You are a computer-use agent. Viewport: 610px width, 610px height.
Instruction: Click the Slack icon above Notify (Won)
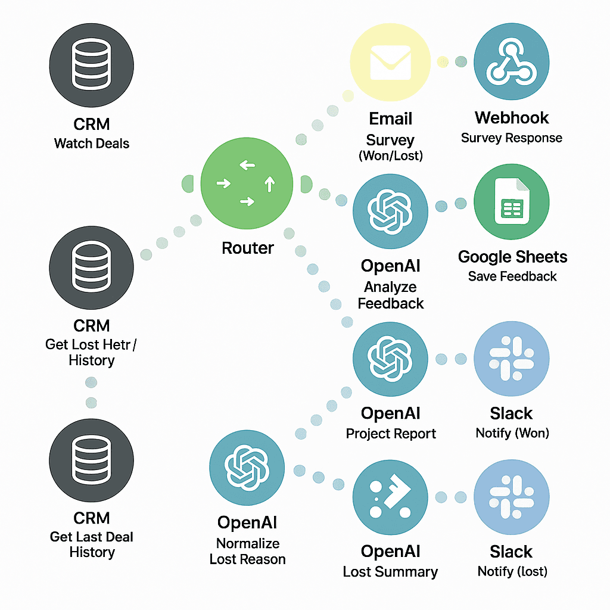(x=511, y=359)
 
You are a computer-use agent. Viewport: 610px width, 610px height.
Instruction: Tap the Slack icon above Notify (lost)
(x=511, y=497)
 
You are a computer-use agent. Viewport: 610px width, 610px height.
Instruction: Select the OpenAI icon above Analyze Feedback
(x=390, y=212)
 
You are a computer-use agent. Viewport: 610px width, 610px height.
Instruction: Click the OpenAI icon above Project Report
(x=390, y=359)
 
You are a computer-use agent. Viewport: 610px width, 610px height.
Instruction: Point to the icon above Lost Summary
(x=390, y=497)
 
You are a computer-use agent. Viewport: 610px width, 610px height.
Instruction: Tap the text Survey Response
(x=511, y=138)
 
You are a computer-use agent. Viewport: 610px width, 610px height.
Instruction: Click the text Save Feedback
(x=512, y=276)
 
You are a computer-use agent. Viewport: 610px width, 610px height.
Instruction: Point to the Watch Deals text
(x=92, y=144)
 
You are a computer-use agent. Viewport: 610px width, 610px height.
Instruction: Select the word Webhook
(x=512, y=118)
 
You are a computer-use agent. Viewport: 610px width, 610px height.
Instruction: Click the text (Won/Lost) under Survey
(x=390, y=157)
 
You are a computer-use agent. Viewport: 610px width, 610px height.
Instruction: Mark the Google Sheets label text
(x=512, y=257)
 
